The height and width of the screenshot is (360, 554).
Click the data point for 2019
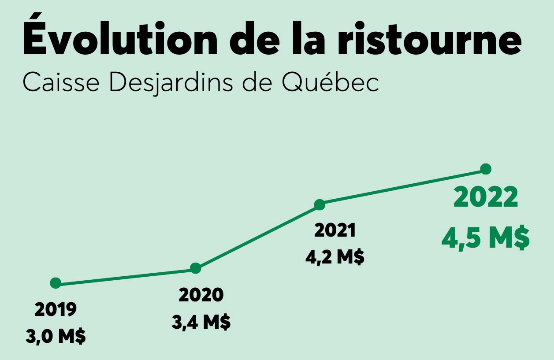coord(56,283)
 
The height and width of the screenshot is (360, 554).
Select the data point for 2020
coord(196,268)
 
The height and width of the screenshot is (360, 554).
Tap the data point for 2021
coord(320,204)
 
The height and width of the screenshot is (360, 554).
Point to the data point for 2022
coord(486,169)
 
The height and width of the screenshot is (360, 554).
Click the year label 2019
coord(56,310)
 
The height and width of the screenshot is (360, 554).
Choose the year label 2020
coord(201,295)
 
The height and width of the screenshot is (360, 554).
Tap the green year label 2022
coord(486,198)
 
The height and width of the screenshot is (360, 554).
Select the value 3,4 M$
coord(201,323)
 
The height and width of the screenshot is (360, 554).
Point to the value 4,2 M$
coord(335,257)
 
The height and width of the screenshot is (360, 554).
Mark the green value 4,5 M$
coord(485,239)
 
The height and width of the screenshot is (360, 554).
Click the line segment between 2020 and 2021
coord(258,236)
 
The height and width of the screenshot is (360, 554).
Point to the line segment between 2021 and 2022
coord(403,187)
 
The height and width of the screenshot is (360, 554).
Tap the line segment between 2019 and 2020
coord(126,275)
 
